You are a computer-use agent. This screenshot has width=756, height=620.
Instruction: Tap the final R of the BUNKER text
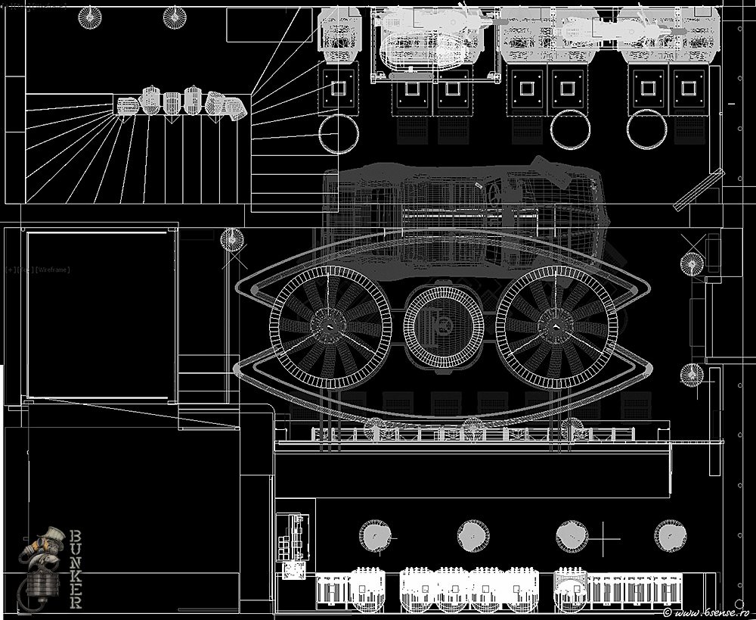tap(76, 602)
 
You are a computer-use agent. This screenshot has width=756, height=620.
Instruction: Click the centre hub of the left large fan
tap(330, 326)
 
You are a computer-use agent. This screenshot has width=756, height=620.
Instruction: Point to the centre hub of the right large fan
tap(556, 326)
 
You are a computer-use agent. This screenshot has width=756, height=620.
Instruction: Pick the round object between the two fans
tap(443, 326)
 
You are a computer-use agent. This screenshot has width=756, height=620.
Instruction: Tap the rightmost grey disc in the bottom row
tap(670, 536)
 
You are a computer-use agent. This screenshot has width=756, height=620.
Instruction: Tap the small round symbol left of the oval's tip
tap(231, 241)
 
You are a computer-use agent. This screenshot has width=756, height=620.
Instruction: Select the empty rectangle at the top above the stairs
tap(268, 24)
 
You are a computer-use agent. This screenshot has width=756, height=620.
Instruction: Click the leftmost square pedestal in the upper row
tap(338, 88)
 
